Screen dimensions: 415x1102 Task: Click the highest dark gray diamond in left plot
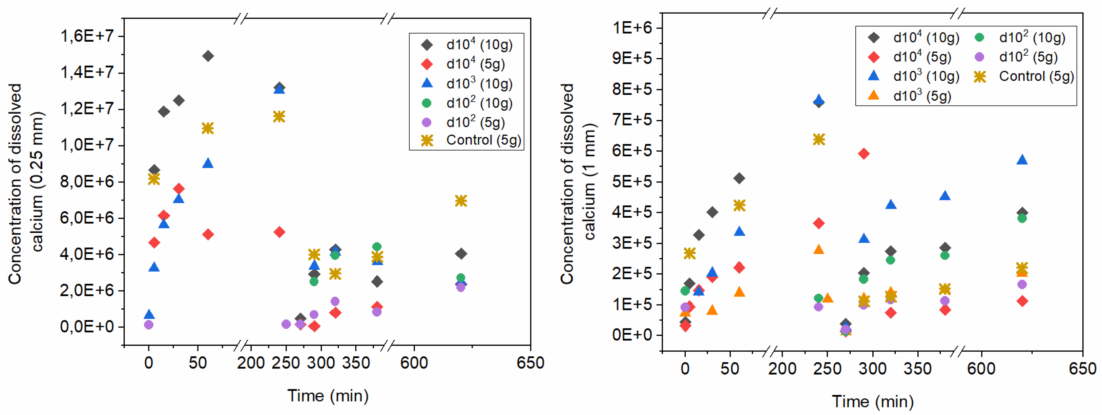point(208,56)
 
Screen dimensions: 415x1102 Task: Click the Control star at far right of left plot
point(461,200)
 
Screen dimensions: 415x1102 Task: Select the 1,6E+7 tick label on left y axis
point(87,36)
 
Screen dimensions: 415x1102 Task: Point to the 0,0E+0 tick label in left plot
point(87,327)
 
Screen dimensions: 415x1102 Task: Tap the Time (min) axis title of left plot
point(328,395)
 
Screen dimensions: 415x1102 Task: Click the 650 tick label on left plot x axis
point(530,363)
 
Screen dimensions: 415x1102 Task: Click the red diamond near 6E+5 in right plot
point(864,153)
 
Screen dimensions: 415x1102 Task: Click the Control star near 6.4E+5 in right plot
point(819,139)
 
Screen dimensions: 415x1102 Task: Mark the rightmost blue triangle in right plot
point(1022,160)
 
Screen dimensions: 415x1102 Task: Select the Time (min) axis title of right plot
point(873,401)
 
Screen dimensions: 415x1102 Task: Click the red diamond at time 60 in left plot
point(208,234)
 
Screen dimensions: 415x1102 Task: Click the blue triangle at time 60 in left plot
point(208,163)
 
